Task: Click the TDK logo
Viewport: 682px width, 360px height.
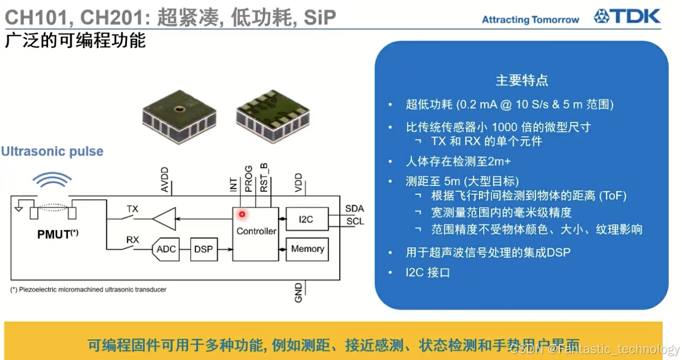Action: (x=627, y=16)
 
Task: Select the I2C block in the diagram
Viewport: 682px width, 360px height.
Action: (x=306, y=219)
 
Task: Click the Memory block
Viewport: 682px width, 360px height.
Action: (x=307, y=249)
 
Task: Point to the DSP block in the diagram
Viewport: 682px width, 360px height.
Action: (x=203, y=249)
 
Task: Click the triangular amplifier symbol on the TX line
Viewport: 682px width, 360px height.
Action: (x=164, y=219)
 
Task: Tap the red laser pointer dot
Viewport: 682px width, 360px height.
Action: (x=242, y=214)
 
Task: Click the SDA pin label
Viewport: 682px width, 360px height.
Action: (x=354, y=209)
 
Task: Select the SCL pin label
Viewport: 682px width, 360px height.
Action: (x=354, y=222)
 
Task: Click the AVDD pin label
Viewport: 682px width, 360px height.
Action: (x=165, y=180)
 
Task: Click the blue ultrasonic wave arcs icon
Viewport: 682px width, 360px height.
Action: (x=52, y=180)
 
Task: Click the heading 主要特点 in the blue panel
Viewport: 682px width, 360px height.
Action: (x=521, y=80)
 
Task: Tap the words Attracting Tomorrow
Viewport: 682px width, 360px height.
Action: (x=530, y=20)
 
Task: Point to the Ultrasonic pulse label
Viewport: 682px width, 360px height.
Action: (x=52, y=152)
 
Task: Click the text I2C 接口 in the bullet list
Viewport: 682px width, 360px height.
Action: (x=428, y=272)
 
